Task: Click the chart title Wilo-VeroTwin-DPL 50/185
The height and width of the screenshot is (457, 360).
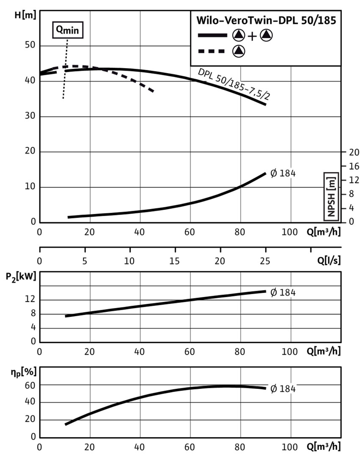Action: click(265, 21)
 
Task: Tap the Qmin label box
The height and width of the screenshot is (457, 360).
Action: click(68, 30)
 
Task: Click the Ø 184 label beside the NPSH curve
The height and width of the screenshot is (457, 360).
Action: click(283, 173)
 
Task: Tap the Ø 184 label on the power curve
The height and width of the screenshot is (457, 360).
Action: click(283, 292)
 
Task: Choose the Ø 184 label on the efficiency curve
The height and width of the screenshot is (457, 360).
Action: click(283, 389)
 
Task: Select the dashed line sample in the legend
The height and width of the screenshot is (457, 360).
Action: click(211, 51)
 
